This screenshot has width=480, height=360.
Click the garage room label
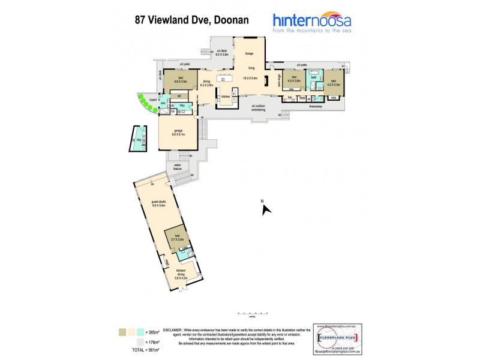tap(178, 131)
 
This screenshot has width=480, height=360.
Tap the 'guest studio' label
tap(158, 203)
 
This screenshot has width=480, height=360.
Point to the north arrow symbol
tap(266, 209)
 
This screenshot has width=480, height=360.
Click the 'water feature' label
tap(178, 166)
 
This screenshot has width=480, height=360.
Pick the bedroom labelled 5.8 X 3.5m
tap(181, 79)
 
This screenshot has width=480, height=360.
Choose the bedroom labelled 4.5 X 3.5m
tap(334, 83)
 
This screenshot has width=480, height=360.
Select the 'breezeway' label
tap(317, 107)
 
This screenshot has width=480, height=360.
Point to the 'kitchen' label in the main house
tap(226, 96)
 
